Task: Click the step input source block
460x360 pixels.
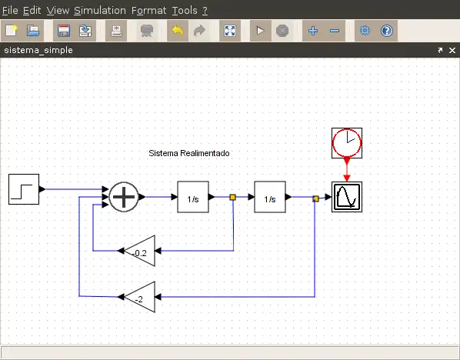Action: coord(24,189)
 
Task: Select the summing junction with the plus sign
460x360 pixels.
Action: coord(124,197)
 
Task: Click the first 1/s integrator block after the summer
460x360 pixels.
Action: coord(193,197)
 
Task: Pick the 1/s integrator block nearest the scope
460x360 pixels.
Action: coord(270,197)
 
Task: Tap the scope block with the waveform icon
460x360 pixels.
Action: coord(347,197)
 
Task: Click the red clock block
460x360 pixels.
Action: coord(347,143)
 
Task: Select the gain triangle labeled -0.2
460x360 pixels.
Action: coord(140,251)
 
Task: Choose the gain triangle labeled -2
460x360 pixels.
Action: coord(140,297)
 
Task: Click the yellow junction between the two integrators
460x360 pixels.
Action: coord(232,197)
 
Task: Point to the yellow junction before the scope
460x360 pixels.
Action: coord(315,198)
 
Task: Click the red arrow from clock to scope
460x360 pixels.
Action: coord(347,170)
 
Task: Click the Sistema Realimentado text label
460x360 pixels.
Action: coord(189,153)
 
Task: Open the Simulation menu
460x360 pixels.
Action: coord(100,11)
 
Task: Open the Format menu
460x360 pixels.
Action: coord(148,11)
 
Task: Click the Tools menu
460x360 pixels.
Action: coord(185,11)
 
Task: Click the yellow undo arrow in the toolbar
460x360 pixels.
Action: coord(178,31)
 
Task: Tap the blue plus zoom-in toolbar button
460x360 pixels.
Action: coord(313,31)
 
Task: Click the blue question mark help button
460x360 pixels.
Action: coord(387,31)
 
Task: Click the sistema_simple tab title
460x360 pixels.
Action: coord(38,50)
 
